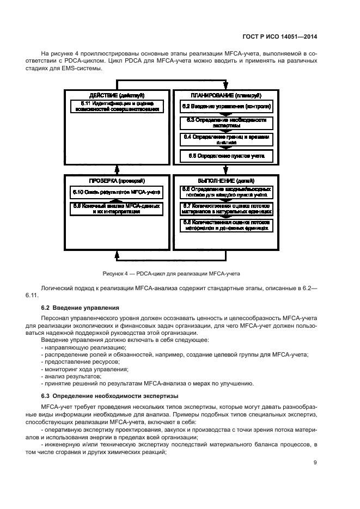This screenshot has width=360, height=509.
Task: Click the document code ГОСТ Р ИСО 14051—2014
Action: (282, 37)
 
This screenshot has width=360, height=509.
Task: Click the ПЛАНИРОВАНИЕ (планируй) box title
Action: (226, 95)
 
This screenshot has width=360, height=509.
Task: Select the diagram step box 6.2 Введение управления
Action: (226, 106)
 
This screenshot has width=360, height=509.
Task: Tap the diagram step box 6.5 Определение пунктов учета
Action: (226, 156)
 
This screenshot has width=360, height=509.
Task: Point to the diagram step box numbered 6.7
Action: (226, 208)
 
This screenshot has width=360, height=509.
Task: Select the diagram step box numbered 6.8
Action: (226, 225)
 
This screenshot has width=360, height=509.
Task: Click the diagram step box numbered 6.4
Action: (226, 139)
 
